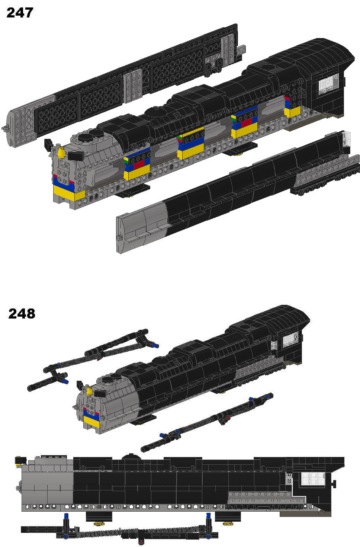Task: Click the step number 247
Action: (20, 13)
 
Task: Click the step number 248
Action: (22, 314)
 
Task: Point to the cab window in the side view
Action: (313, 479)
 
